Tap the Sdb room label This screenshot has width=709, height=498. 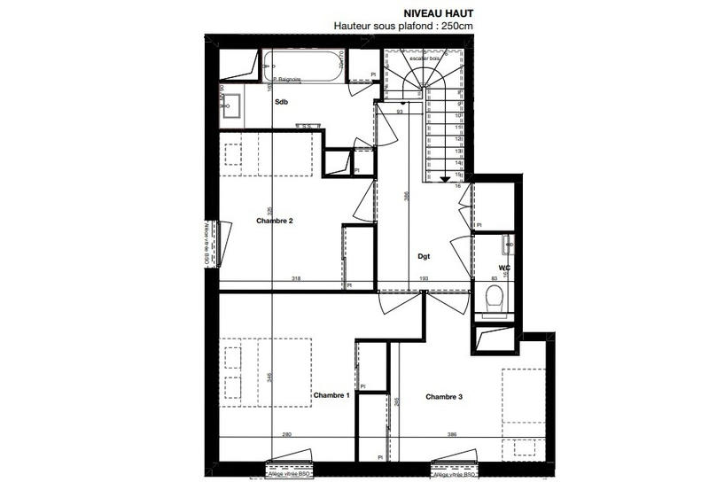tap(282, 103)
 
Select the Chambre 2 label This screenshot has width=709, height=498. tap(275, 221)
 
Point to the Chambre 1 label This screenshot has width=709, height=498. tap(331, 395)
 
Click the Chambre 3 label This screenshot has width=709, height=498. tap(444, 396)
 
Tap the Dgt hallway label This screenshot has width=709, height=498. tap(425, 256)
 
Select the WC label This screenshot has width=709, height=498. tap(504, 267)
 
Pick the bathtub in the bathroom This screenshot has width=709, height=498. tap(301, 66)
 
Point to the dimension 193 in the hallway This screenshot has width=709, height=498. tap(423, 279)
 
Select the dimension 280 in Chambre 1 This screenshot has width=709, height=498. tap(286, 435)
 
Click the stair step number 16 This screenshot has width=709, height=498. tap(457, 187)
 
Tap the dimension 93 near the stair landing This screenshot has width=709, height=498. tap(400, 112)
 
